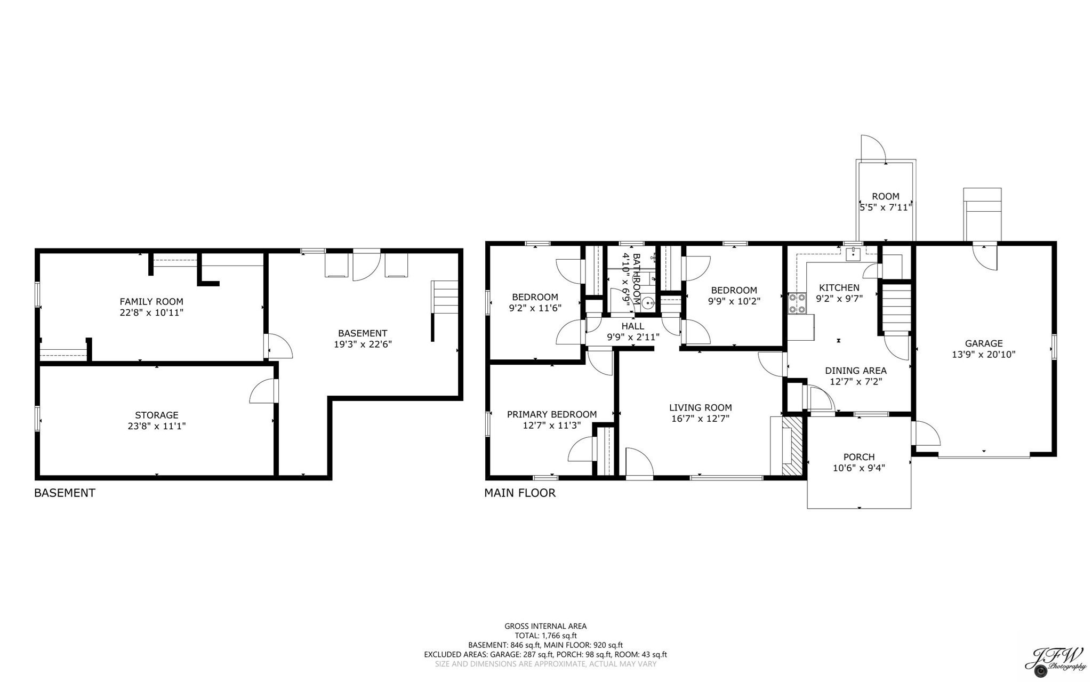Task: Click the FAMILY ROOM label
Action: (x=151, y=301)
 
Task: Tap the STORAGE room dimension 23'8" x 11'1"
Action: (x=156, y=426)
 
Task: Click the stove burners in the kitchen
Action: (x=797, y=303)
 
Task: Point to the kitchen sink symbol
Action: (x=853, y=254)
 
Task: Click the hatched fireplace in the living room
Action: (x=792, y=445)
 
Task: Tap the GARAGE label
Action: (x=983, y=343)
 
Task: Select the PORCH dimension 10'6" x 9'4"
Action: (x=858, y=468)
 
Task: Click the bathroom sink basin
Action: (x=648, y=303)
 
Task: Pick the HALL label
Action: (x=632, y=326)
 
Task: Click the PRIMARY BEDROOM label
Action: (x=551, y=414)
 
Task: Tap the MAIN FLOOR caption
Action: (x=519, y=493)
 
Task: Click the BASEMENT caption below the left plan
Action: (x=65, y=493)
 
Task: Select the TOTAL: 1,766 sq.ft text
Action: (x=545, y=636)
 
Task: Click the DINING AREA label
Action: (x=855, y=371)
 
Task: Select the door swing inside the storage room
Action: (x=263, y=392)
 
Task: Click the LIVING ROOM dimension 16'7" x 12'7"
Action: (x=700, y=419)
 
